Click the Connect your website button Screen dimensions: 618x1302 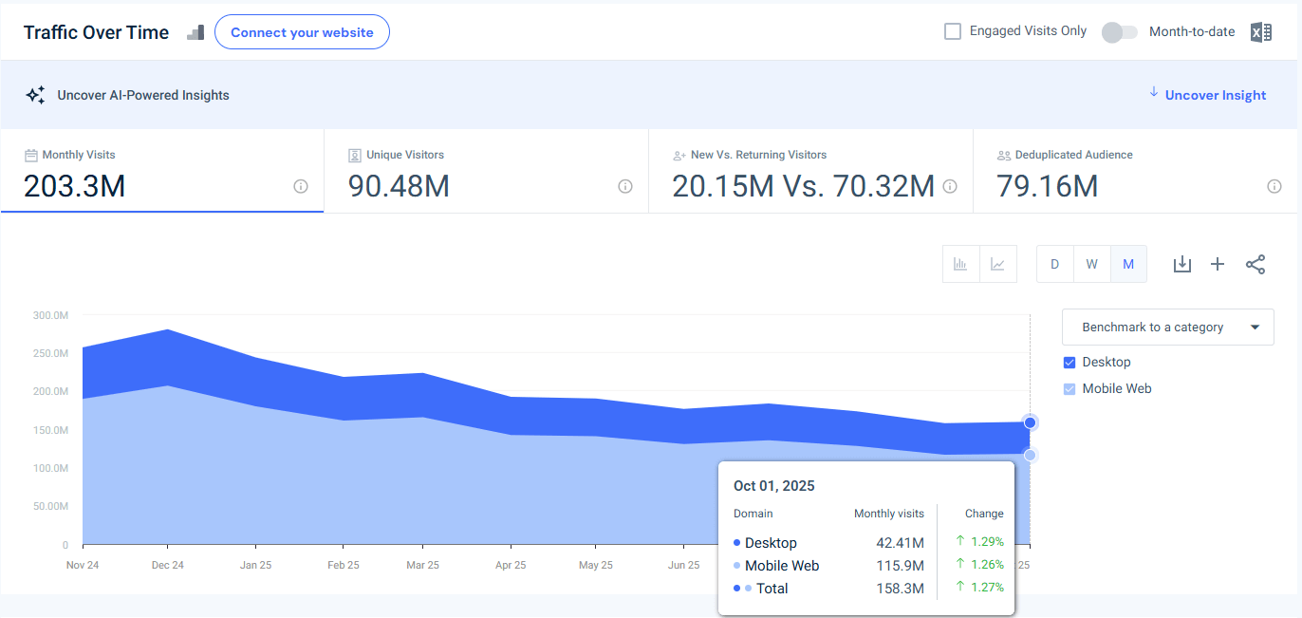coord(302,32)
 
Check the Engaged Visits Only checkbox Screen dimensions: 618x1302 coord(953,31)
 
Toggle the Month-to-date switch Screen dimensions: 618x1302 coord(1119,32)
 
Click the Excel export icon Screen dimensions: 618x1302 coord(1260,32)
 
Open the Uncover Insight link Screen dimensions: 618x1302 coord(1215,95)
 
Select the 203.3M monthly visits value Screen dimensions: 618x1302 coord(75,186)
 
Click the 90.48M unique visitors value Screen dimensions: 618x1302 coord(399,186)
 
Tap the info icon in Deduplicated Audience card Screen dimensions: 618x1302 coord(1274,187)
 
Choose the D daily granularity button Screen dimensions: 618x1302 coord(1054,264)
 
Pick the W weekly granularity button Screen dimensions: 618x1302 coord(1091,264)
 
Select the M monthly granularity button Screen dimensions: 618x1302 coord(1128,264)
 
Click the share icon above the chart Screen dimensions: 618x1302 coord(1255,264)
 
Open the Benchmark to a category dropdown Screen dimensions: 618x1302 coord(1167,328)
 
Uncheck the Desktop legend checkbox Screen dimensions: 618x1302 coord(1069,363)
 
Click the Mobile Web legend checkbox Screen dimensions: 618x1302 coord(1069,389)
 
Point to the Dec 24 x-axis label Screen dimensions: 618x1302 coord(167,565)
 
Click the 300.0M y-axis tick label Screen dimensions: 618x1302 coord(50,315)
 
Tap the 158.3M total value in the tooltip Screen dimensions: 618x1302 coord(900,589)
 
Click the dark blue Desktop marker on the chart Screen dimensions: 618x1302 coord(1031,422)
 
